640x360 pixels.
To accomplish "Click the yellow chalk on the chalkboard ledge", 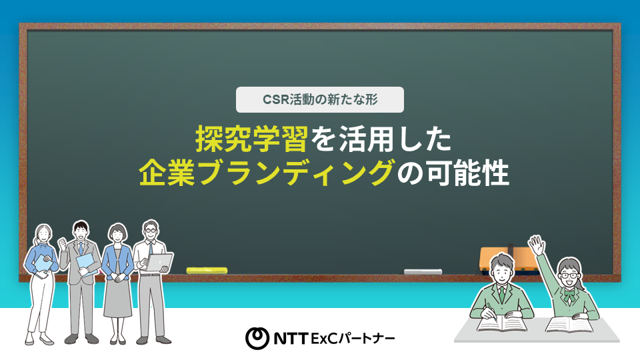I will click(x=207, y=270).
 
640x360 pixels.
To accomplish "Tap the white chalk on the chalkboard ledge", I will click(x=423, y=271).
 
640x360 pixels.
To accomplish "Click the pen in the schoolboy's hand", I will click(x=489, y=308).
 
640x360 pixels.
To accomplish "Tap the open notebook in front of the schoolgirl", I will click(x=569, y=324).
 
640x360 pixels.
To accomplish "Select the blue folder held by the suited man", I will click(x=87, y=263).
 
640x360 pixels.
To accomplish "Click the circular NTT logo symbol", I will click(x=257, y=339).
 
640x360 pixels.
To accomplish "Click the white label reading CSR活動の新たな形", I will click(x=320, y=100).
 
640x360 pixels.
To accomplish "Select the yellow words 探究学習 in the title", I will click(x=251, y=139).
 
